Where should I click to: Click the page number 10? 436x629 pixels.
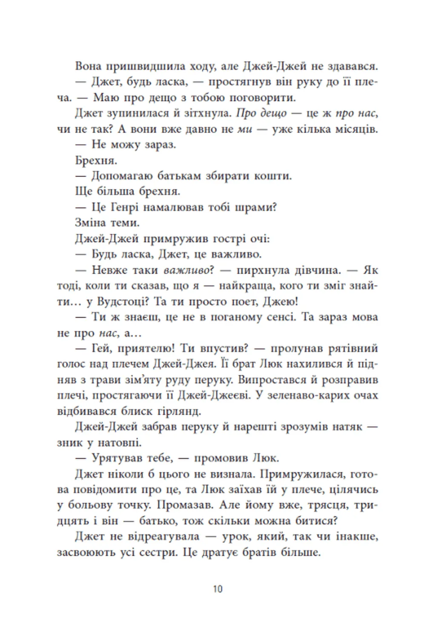(218, 589)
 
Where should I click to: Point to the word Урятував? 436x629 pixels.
(118, 458)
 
